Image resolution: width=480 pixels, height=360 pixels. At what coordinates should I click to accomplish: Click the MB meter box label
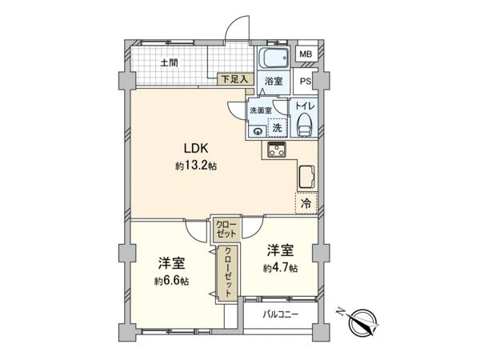[x=306, y=54]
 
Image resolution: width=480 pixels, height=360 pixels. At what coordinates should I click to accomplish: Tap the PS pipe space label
[x=306, y=82]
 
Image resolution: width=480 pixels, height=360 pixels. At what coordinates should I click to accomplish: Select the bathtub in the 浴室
[x=274, y=58]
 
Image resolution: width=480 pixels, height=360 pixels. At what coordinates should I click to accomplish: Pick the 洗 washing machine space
[x=278, y=127]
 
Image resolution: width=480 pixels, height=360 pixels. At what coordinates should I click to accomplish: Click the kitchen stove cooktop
[x=277, y=150]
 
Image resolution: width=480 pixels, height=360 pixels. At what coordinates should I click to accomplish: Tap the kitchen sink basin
[x=306, y=176]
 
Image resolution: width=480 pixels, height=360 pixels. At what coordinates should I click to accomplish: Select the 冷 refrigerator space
[x=306, y=203]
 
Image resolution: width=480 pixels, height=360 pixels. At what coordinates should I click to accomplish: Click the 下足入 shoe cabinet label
[x=234, y=79]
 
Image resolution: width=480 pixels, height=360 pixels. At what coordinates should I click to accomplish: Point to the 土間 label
[x=170, y=63]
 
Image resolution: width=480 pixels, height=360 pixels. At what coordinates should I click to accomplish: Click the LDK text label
[x=196, y=149]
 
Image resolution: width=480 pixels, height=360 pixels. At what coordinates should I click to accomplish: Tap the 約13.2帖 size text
[x=196, y=166]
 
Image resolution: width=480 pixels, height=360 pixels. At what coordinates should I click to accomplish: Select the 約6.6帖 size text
[x=171, y=281]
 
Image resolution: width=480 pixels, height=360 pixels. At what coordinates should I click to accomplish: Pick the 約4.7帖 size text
[x=281, y=268]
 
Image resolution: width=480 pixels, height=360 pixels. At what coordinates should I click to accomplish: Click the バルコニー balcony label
[x=281, y=314]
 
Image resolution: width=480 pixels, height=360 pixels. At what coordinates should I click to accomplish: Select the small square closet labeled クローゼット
[x=226, y=229]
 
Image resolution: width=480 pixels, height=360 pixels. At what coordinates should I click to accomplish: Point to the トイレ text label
[x=305, y=106]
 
